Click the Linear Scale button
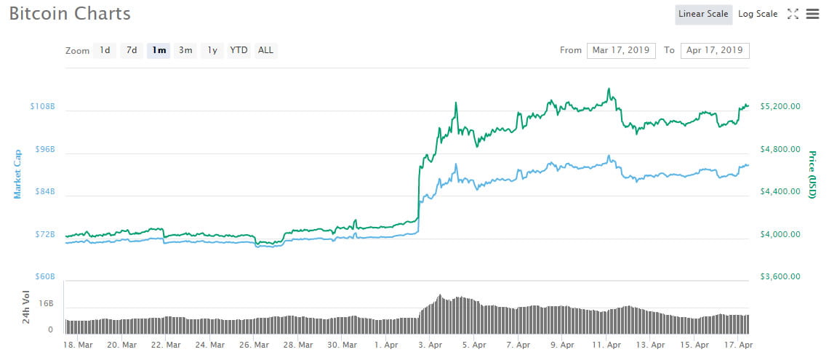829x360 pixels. [703, 15]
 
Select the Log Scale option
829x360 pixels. [758, 15]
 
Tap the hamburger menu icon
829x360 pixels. [812, 15]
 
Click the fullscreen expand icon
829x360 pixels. [793, 15]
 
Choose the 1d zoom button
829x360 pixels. [105, 50]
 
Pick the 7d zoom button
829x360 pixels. [132, 50]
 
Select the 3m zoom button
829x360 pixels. [185, 50]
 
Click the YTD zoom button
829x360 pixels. [239, 50]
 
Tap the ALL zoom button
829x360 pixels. [265, 50]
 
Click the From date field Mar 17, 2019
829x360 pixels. [621, 50]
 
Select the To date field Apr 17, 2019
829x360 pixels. [715, 50]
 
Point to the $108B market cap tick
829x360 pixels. [43, 106]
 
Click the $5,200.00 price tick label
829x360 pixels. [780, 106]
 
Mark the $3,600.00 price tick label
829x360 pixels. [780, 276]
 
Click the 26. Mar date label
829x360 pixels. [254, 345]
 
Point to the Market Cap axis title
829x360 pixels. [17, 174]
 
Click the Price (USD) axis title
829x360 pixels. [812, 175]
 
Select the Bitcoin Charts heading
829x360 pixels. [70, 14]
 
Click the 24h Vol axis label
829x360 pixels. [26, 307]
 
